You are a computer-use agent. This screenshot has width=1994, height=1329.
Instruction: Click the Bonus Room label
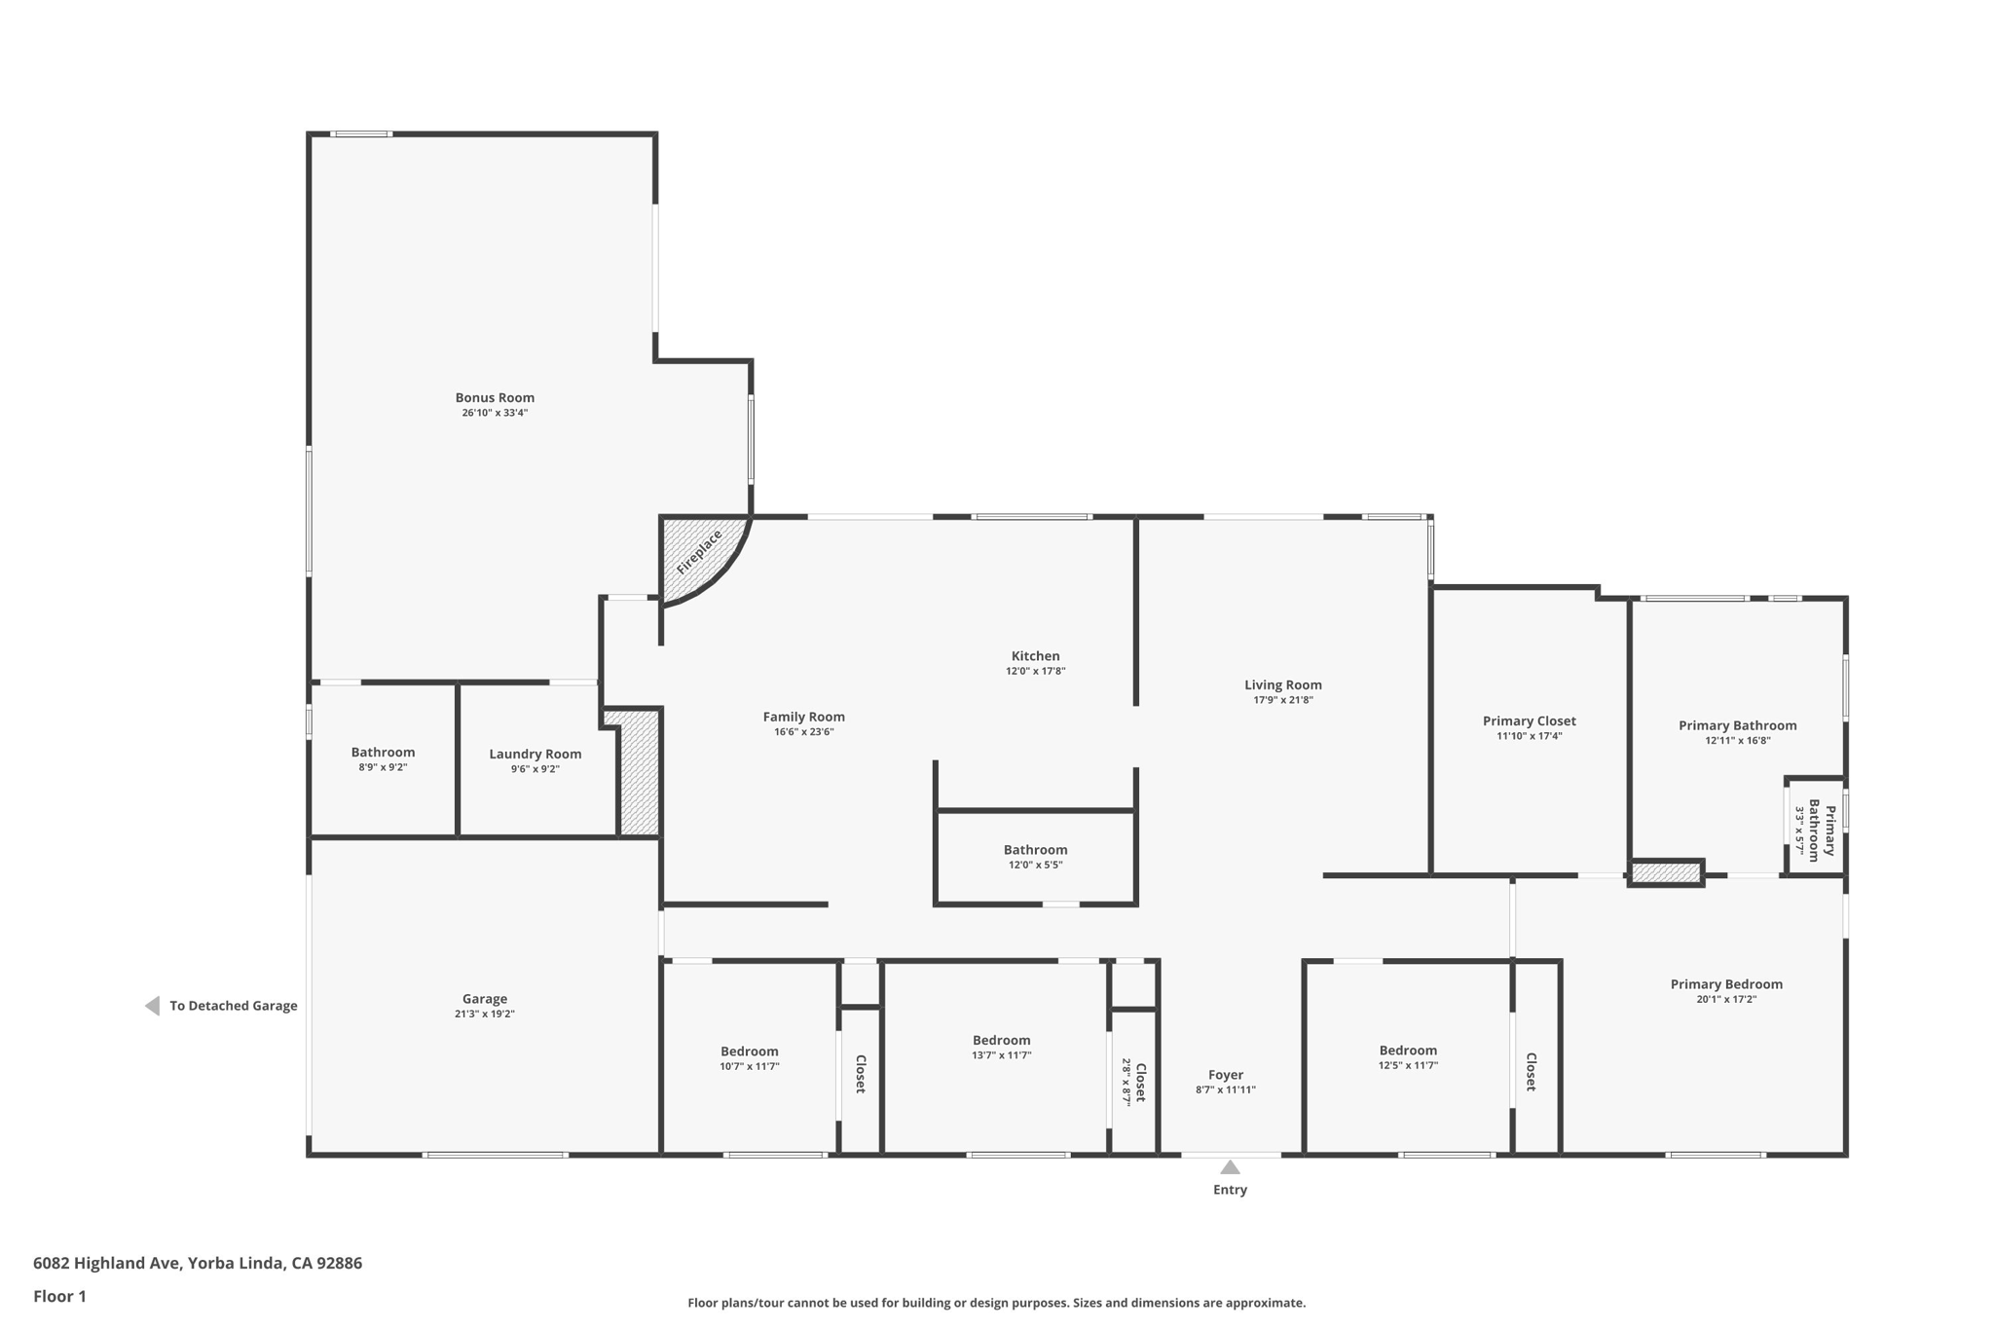495,397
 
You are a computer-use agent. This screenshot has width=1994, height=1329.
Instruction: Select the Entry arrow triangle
1230,1166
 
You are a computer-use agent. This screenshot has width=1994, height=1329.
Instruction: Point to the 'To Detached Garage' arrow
153,1006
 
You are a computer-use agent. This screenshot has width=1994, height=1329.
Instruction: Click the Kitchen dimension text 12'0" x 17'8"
1035,671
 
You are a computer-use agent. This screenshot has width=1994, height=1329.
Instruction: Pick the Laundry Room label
535,754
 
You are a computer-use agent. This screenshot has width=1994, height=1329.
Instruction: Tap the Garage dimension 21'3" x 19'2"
484,1014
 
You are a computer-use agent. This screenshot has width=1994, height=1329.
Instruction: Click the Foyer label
1225,1075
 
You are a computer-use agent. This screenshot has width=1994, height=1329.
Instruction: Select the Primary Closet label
1529,720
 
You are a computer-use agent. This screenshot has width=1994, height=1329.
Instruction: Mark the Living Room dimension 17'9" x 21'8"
1282,700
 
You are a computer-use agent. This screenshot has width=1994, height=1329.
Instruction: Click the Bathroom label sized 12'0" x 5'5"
1035,850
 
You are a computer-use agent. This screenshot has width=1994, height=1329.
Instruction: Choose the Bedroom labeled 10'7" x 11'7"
749,1052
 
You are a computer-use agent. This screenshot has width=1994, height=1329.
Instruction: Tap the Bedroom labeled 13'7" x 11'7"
1001,1040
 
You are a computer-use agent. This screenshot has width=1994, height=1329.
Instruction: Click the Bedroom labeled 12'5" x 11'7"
1407,1051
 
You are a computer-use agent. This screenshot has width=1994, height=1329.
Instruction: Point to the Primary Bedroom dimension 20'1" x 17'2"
1725,999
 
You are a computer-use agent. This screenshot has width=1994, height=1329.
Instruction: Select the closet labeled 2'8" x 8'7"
1134,1081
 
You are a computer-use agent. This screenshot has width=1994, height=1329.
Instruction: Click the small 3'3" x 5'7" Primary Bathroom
1815,831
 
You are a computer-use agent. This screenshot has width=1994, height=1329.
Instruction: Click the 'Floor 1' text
59,1296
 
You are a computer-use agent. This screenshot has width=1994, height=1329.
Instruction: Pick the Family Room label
803,717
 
